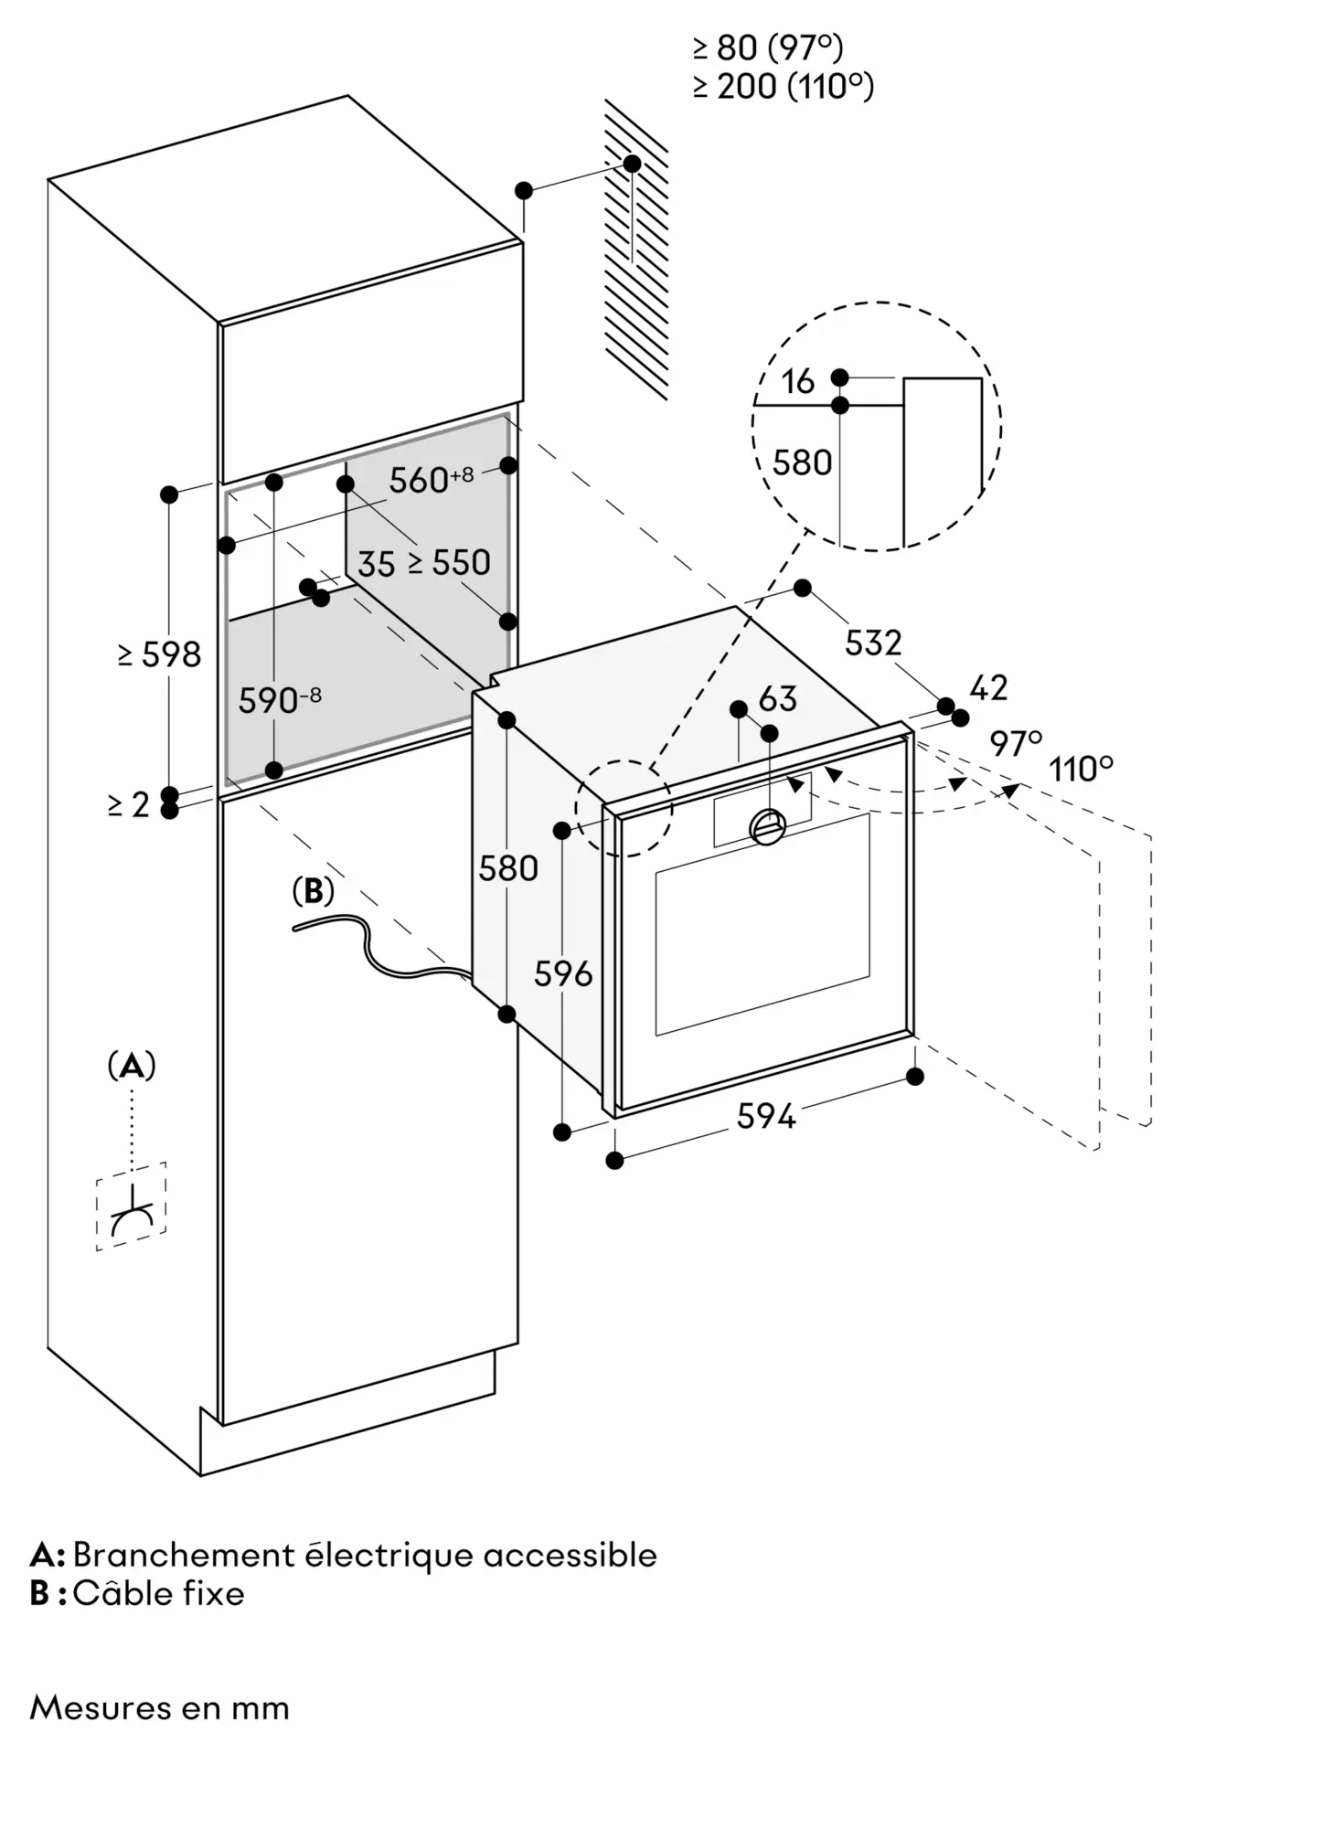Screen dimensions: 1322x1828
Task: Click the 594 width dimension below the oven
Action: (766, 1116)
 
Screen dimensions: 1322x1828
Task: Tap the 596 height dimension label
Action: (563, 974)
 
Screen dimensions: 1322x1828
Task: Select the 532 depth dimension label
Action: (873, 643)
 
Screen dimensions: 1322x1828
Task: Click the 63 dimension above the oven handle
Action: (778, 699)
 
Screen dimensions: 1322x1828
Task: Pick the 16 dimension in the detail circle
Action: (797, 381)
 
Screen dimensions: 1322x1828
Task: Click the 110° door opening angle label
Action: (1082, 769)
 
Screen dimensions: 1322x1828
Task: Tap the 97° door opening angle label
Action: (1016, 743)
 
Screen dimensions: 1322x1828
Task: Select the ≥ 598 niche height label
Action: (159, 654)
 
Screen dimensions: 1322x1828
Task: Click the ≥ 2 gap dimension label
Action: (128, 804)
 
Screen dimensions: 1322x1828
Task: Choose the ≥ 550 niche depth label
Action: (449, 562)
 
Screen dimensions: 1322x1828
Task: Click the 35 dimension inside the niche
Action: (376, 564)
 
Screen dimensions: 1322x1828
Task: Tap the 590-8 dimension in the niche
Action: (280, 700)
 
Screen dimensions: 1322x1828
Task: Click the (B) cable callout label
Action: (313, 892)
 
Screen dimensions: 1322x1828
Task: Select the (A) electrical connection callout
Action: (132, 1066)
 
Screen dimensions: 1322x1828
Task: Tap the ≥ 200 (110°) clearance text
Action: (784, 86)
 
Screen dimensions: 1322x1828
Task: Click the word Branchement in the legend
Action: (182, 1555)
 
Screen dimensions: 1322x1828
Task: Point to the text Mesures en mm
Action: (159, 1707)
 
